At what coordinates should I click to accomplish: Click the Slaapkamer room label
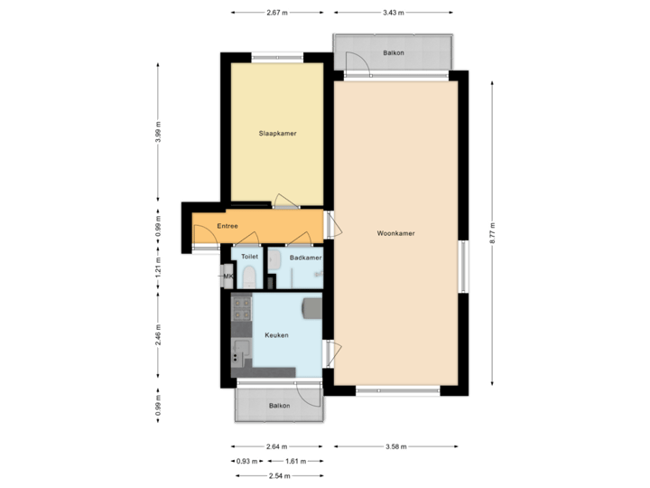pyautogui.click(x=277, y=134)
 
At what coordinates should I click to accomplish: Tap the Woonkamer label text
pyautogui.click(x=396, y=234)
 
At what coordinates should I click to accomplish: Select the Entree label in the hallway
pyautogui.click(x=227, y=226)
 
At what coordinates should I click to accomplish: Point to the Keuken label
pyautogui.click(x=276, y=335)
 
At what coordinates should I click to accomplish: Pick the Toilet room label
pyautogui.click(x=249, y=258)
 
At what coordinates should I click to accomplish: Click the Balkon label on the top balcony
pyautogui.click(x=394, y=53)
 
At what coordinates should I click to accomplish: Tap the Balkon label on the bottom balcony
pyautogui.click(x=279, y=406)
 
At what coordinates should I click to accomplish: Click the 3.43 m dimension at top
pyautogui.click(x=394, y=13)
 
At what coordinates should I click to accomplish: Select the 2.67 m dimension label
pyautogui.click(x=277, y=13)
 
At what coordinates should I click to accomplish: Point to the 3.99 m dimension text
pyautogui.click(x=158, y=132)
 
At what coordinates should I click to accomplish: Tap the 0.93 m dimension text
pyautogui.click(x=243, y=461)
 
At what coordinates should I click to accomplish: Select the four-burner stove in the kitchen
pyautogui.click(x=243, y=311)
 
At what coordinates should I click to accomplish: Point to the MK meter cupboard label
pyautogui.click(x=227, y=276)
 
